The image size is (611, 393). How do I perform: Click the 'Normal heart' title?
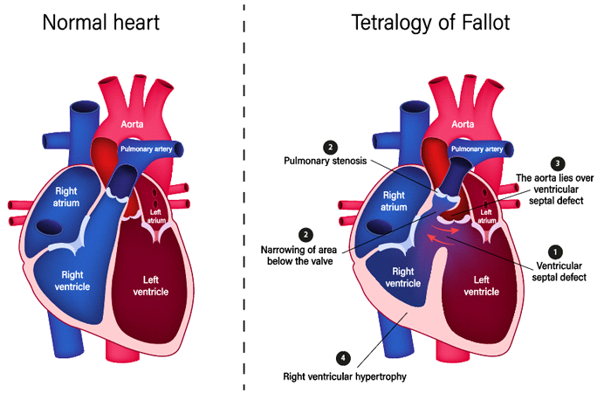[101, 22]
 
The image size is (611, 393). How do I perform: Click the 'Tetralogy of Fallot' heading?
[430, 22]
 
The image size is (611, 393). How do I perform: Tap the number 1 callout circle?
[555, 252]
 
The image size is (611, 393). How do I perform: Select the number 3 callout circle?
[557, 163]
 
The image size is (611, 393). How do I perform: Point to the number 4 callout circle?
[343, 358]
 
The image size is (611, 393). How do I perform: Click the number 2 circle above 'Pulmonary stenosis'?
[331, 148]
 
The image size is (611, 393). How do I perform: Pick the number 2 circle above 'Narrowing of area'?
[305, 235]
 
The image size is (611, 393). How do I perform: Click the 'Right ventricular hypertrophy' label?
[345, 376]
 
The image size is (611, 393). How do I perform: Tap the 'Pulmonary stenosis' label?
[325, 161]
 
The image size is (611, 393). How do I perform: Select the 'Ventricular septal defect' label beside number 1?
[560, 272]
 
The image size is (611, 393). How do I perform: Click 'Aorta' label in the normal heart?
[132, 124]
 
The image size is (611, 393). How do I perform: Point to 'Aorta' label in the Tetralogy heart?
[463, 124]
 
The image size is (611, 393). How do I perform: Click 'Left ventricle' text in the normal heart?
[151, 286]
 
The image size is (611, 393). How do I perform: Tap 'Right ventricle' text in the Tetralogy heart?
[403, 277]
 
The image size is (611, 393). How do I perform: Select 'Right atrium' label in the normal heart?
[66, 196]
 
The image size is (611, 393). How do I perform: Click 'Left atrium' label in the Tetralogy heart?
[486, 217]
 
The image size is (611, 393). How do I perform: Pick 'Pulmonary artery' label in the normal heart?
[146, 149]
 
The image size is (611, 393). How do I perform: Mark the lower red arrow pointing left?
[440, 240]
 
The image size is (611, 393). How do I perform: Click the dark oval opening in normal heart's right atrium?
[48, 227]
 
